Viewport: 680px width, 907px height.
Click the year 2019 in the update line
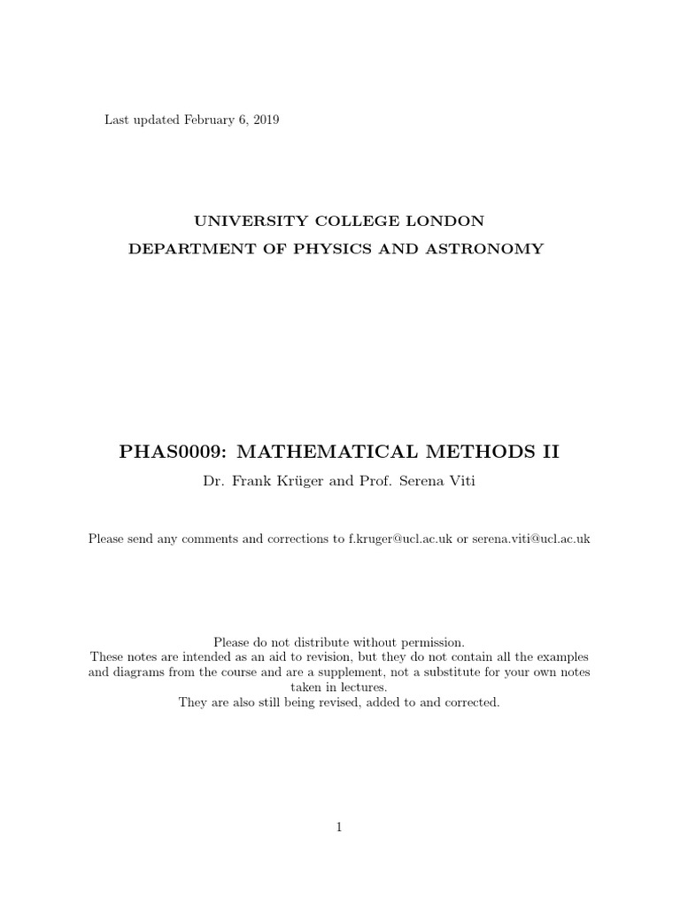(265, 120)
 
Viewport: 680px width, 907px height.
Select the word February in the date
(212, 120)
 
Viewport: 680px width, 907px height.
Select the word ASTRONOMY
(491, 249)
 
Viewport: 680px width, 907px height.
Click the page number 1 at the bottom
(339, 827)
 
